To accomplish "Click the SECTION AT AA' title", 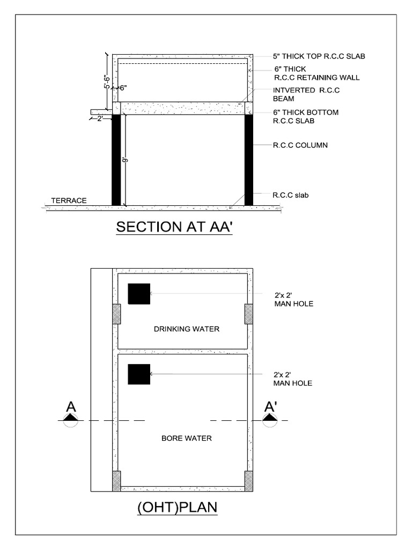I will (174, 227).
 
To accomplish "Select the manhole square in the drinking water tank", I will (138, 294).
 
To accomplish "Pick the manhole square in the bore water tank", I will (138, 374).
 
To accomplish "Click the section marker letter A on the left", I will (71, 408).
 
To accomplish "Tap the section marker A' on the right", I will (270, 408).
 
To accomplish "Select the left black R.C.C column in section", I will (116, 160).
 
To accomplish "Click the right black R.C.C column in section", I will (248, 160).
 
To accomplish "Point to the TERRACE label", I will (69, 201).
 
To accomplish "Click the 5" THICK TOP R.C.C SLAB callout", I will (319, 56).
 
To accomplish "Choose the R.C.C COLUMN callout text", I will (300, 145).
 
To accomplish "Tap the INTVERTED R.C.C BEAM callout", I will (306, 94).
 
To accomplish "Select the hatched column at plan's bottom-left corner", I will (116, 481).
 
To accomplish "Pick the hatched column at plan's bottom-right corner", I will (249, 481).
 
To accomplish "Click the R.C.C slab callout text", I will (291, 195).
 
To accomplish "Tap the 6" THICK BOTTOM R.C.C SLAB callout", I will (306, 116).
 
